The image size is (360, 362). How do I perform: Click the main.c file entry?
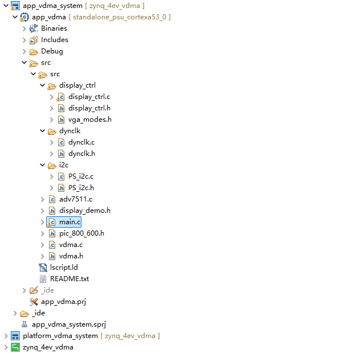coord(70,222)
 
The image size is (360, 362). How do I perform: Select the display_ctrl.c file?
coord(89,97)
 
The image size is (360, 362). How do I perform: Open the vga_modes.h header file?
coord(89,120)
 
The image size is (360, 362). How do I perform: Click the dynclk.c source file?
coord(81,142)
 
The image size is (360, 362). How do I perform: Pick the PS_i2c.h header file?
coord(81,188)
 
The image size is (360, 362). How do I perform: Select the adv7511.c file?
coord(75,199)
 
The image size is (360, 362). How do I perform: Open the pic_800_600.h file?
coord(81,233)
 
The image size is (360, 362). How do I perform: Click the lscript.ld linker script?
coord(64,268)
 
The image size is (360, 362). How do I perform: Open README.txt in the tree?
coord(69,279)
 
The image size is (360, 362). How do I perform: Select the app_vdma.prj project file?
coord(63,302)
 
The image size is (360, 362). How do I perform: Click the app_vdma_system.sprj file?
coord(68,324)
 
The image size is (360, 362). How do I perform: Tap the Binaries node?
coord(54,28)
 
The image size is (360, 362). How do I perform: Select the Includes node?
coord(54,40)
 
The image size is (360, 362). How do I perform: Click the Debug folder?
coord(52,51)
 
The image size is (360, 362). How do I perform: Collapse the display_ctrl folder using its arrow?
coord(42,85)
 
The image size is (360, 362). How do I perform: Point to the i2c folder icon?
coord(52,165)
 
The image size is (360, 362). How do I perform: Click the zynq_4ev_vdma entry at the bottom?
coord(48,347)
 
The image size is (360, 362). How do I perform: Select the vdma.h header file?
coord(71,256)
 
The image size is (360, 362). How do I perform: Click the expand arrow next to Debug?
coord(24,51)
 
